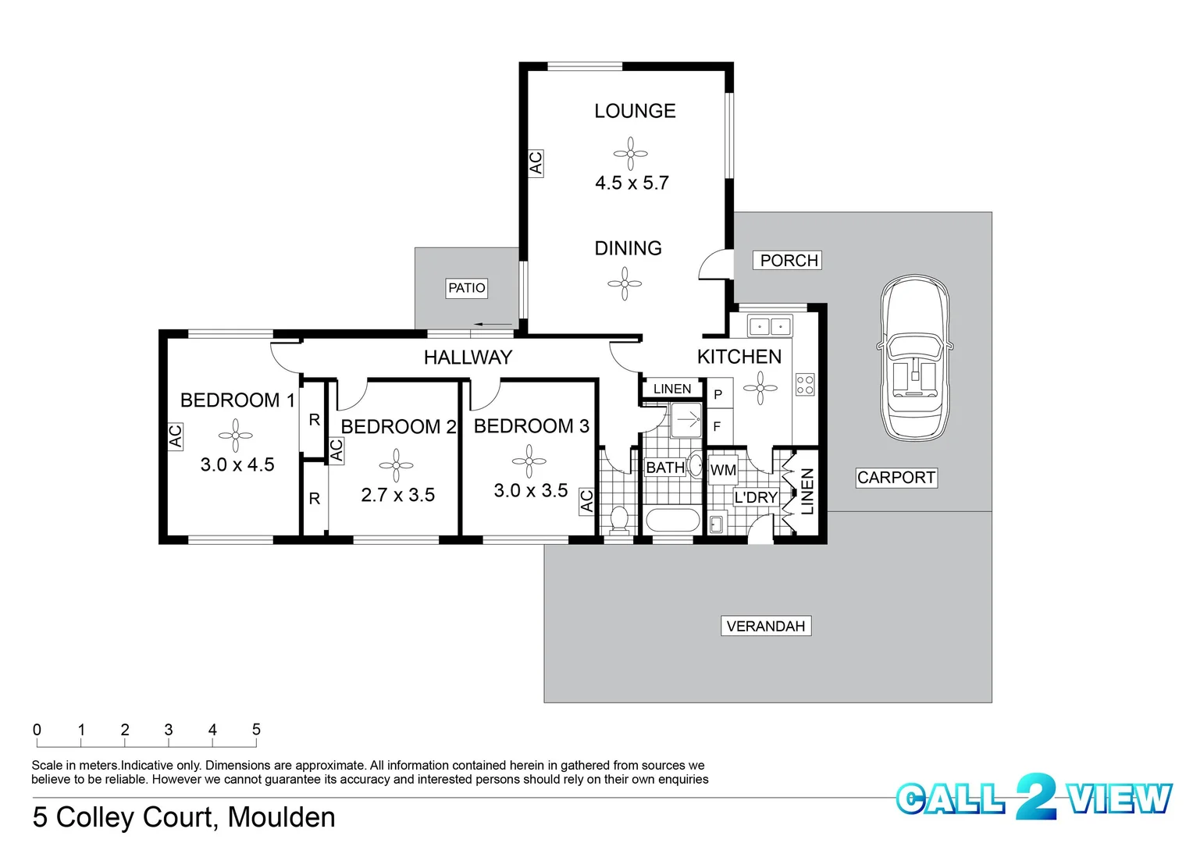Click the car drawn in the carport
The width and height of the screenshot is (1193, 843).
(915, 357)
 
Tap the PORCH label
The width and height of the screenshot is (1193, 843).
(788, 261)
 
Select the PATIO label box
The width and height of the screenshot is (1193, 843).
(466, 288)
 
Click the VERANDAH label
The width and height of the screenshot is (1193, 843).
(765, 626)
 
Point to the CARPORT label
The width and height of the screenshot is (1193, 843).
(896, 478)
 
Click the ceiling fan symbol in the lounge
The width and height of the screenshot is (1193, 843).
(630, 154)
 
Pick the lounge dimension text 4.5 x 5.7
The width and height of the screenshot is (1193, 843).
(632, 183)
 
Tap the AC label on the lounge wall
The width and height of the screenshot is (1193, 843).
(536, 163)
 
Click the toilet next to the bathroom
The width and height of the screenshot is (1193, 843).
(619, 519)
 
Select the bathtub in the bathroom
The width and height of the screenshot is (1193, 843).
(673, 521)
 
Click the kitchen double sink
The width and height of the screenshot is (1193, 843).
(770, 325)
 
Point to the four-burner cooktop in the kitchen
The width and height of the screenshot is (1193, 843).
(805, 384)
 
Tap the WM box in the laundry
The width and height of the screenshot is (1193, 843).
(723, 470)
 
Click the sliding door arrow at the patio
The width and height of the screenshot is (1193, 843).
(492, 325)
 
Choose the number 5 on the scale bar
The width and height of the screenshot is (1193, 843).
(256, 730)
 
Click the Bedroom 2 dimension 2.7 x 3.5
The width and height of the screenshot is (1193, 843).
(397, 495)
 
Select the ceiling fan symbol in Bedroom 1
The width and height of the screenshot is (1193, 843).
(235, 436)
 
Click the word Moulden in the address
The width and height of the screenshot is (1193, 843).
(281, 817)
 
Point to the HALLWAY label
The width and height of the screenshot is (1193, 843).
(468, 357)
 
